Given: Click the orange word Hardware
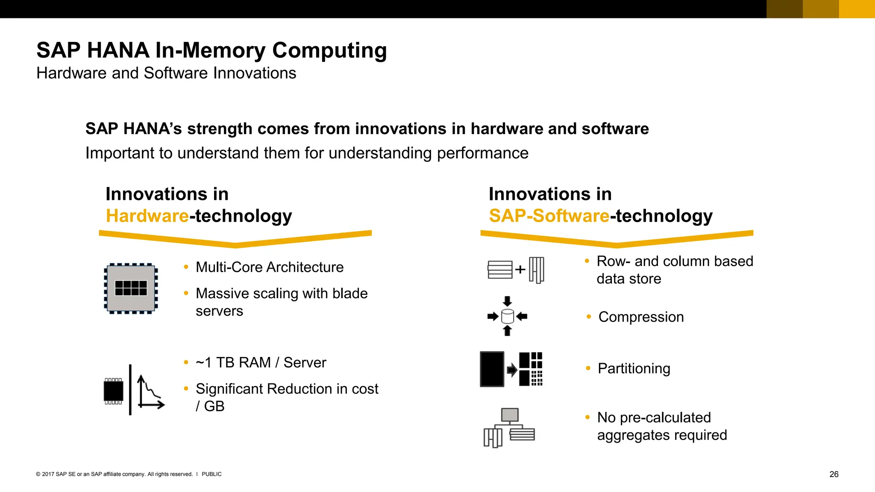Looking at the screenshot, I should (147, 216).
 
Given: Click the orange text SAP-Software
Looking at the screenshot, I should (549, 216).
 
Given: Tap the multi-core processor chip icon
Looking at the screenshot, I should (131, 288).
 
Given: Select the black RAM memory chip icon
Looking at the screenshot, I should (114, 391).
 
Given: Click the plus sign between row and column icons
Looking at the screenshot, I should (520, 269).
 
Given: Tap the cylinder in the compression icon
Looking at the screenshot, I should (507, 316).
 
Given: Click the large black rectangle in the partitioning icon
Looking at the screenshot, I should (492, 369).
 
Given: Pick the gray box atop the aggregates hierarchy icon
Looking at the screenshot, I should (509, 415).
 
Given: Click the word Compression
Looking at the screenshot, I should (641, 317).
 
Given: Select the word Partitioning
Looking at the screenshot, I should (634, 369).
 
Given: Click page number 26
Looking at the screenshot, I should (834, 474).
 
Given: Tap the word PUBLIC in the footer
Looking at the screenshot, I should (211, 474).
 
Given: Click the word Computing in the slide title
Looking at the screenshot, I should (329, 51).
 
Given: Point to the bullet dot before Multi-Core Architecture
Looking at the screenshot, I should (186, 267).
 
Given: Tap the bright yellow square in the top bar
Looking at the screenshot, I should (857, 9).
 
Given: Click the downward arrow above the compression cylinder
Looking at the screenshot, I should (507, 301).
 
